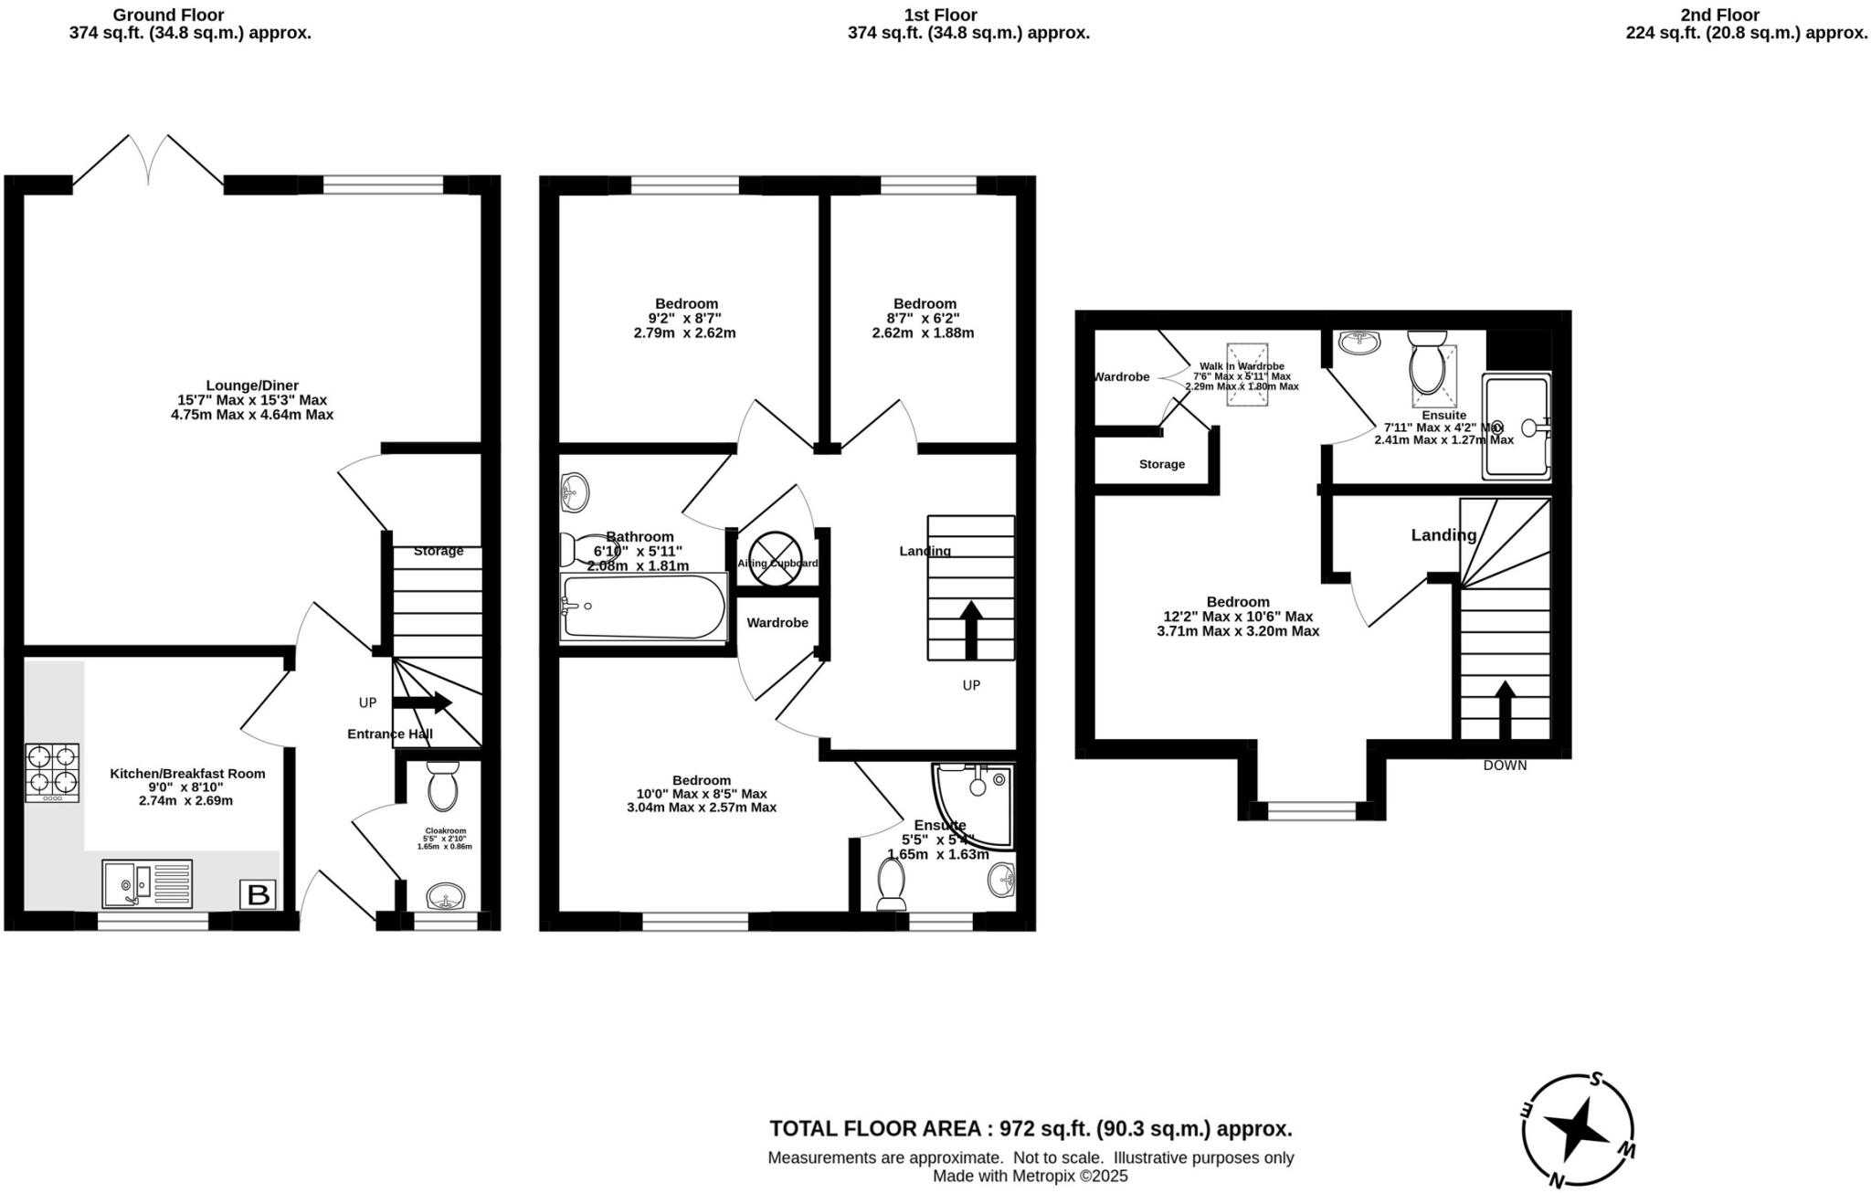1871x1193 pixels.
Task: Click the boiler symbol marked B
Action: point(259,894)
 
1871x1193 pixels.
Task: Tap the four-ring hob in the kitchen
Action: point(52,772)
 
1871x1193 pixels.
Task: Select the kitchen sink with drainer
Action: point(147,884)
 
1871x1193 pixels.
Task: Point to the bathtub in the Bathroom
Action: point(644,607)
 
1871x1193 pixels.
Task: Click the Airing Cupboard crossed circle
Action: point(775,556)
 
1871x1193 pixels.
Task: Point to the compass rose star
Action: point(1578,1130)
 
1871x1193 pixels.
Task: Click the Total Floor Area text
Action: point(1031,1128)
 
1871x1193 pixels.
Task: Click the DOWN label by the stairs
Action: point(1505,765)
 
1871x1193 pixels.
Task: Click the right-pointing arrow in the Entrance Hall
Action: point(422,702)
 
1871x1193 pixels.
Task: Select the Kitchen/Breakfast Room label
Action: point(187,774)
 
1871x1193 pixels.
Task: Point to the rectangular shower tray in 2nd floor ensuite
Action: point(1517,427)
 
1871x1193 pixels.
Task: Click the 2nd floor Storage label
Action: point(1162,464)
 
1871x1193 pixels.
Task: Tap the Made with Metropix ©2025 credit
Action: point(1031,1177)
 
